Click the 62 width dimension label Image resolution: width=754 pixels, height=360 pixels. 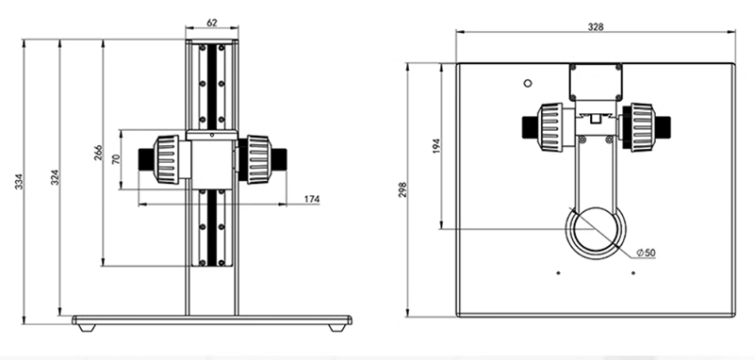pyautogui.click(x=211, y=22)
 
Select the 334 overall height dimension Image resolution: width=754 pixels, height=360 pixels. pyautogui.click(x=19, y=181)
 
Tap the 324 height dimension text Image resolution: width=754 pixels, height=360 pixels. pyautogui.click(x=55, y=177)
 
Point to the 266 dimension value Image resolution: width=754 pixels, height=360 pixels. pyautogui.click(x=98, y=153)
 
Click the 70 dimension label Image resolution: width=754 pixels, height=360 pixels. pyautogui.click(x=115, y=159)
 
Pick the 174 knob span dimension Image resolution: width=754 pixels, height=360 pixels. pyautogui.click(x=312, y=199)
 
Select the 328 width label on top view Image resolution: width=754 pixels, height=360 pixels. pyautogui.click(x=596, y=27)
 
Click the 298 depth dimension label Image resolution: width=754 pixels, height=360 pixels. pyautogui.click(x=402, y=189)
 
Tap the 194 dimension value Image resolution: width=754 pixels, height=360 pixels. pyautogui.click(x=436, y=146)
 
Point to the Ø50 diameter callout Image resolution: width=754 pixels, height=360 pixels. pyautogui.click(x=646, y=253)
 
